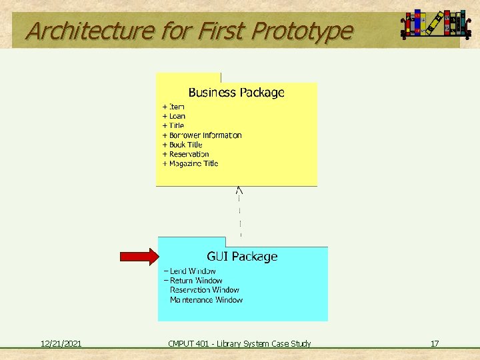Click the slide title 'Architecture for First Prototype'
(189, 31)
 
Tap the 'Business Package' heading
(236, 93)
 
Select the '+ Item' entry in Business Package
(173, 107)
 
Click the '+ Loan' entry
(174, 116)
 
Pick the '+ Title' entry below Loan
(173, 125)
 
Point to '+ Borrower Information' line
(202, 135)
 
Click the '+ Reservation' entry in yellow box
(185, 154)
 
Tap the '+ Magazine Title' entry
(190, 163)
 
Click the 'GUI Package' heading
(242, 257)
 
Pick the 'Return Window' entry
(193, 281)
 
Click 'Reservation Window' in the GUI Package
(204, 290)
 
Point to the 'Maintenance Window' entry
(206, 300)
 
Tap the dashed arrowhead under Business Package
(239, 191)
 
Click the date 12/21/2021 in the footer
(61, 344)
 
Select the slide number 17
(435, 344)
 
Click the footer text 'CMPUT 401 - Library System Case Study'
(239, 344)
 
